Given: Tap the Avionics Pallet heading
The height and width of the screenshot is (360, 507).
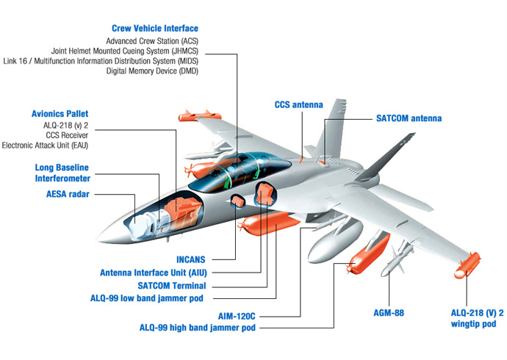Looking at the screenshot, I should click(60, 114).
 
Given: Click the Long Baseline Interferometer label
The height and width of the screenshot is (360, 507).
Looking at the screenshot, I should click(52, 173).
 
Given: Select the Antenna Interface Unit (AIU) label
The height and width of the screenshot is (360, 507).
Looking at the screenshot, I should click(153, 273).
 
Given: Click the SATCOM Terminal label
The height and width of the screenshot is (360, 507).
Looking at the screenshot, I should click(171, 285).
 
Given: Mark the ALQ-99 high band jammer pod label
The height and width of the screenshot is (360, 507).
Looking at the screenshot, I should click(198, 328).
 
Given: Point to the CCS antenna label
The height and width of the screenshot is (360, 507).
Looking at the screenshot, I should click(298, 105).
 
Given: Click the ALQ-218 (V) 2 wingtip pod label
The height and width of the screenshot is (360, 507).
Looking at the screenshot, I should click(477, 317).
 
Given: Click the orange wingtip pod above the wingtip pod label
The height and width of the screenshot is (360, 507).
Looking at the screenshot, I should click(467, 264).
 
